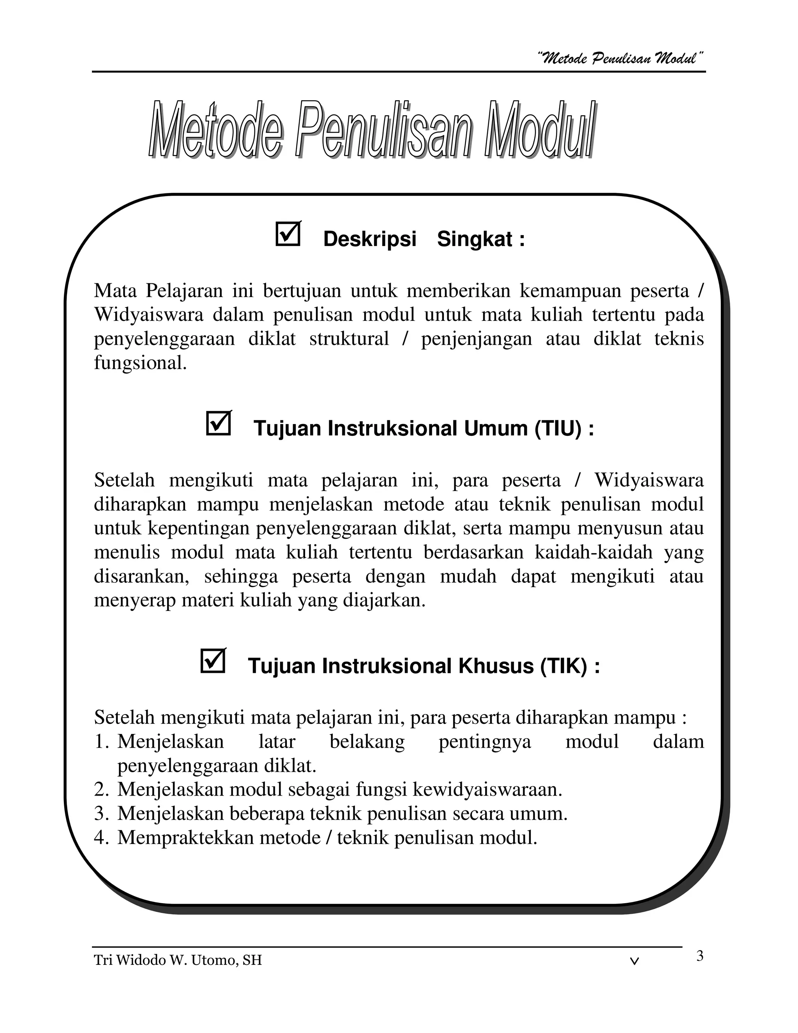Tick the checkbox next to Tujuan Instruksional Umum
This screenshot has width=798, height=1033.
click(219, 423)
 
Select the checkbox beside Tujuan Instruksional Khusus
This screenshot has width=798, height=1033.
click(213, 661)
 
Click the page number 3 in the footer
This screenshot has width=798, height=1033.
click(700, 956)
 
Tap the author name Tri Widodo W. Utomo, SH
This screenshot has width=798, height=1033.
click(178, 960)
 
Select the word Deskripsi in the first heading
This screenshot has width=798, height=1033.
click(370, 239)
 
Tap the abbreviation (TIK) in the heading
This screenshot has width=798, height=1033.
click(563, 666)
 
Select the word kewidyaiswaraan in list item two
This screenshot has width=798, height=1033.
click(487, 789)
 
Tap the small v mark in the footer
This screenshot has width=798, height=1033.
click(635, 961)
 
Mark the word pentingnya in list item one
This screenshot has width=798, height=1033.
click(485, 742)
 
